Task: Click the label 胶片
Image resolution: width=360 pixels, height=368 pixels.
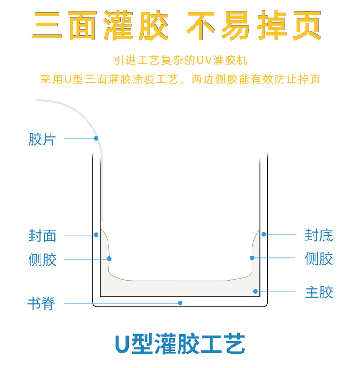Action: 42,139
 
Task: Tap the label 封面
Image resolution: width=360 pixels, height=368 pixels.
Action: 42,235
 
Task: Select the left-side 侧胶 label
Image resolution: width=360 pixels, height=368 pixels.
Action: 42,260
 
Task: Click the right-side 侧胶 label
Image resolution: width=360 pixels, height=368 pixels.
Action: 319,258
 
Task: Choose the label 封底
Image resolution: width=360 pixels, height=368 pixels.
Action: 319,235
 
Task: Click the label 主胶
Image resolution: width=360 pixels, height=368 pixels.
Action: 319,292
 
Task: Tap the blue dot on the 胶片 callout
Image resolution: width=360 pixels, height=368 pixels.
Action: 96,138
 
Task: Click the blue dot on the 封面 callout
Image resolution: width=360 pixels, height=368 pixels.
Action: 96,235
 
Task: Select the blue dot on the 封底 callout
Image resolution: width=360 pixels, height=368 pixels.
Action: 264,234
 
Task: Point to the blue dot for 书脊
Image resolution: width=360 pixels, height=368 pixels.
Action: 180,302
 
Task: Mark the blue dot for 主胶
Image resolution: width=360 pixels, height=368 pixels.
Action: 256,291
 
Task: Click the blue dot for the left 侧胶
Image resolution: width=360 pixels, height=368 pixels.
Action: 109,259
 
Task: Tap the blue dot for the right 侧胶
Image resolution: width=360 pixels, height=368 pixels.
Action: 252,258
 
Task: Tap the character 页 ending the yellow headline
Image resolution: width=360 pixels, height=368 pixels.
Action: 307,25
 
